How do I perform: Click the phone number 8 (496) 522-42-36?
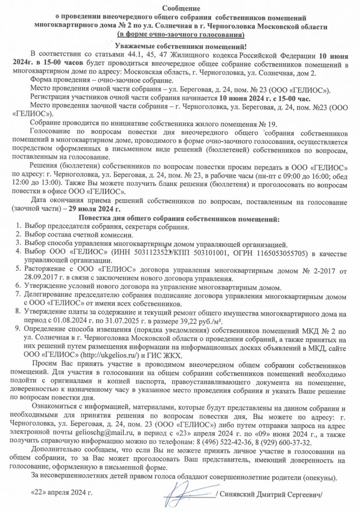243,436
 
